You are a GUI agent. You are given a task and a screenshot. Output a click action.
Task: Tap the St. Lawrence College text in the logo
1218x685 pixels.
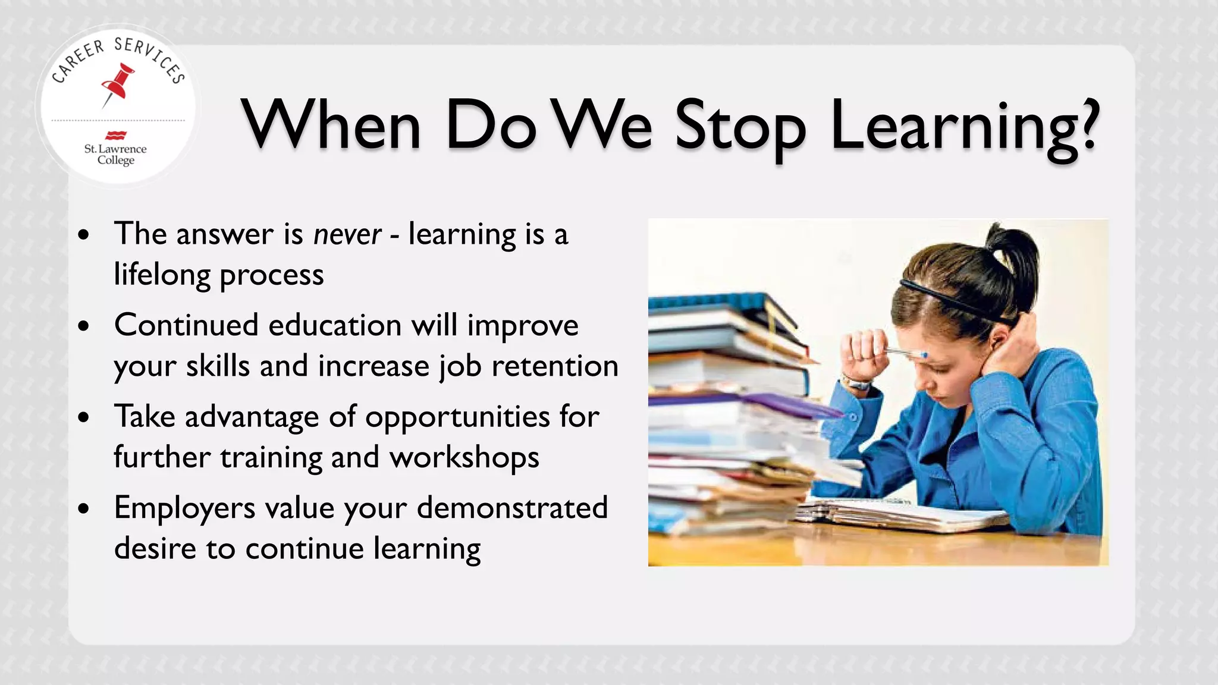(x=115, y=154)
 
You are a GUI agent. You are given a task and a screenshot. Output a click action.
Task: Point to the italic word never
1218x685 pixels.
(x=347, y=234)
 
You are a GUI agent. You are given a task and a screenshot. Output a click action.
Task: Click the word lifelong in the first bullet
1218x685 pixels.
(x=162, y=275)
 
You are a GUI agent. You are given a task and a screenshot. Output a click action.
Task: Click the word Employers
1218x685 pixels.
(x=184, y=508)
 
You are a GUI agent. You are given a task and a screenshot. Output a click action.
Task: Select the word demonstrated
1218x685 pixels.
(x=512, y=508)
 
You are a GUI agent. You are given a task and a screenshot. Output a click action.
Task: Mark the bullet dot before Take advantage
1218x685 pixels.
(x=84, y=417)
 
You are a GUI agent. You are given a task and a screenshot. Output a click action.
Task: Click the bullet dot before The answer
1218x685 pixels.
(x=84, y=235)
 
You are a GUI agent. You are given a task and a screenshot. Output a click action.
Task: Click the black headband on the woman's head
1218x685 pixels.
(x=952, y=301)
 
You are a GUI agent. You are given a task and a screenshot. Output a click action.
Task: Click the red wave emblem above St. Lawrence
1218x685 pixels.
(x=115, y=136)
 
